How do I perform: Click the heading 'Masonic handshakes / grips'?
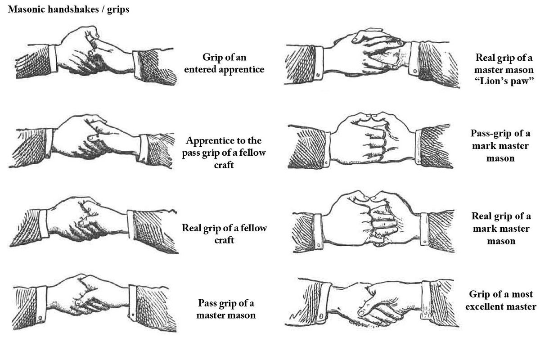click(x=69, y=9)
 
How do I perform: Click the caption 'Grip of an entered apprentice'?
click(x=224, y=63)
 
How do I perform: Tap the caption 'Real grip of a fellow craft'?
click(x=224, y=234)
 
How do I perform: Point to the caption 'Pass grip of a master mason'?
click(x=226, y=309)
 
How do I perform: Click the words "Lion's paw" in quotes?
click(x=504, y=81)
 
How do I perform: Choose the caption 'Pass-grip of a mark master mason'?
click(x=500, y=146)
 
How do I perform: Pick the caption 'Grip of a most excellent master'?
click(x=501, y=301)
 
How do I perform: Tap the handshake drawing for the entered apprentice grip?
click(x=96, y=56)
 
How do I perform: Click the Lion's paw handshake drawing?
click(x=371, y=58)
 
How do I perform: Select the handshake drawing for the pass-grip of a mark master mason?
click(x=370, y=140)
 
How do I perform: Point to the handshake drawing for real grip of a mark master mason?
click(x=373, y=221)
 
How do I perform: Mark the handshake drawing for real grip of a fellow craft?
click(x=94, y=225)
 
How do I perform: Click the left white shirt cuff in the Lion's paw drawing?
click(x=318, y=63)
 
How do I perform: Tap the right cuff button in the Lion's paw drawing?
click(x=415, y=71)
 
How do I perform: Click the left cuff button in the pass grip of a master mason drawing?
click(x=40, y=318)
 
